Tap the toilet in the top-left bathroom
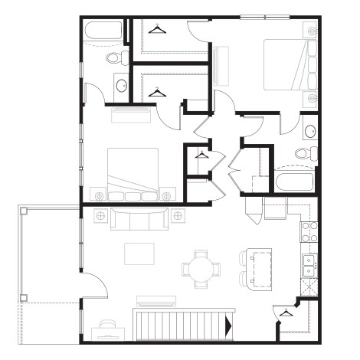click(116, 57)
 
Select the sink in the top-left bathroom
click(121, 85)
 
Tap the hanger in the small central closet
click(201, 155)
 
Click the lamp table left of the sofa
click(100, 216)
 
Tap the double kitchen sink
click(310, 264)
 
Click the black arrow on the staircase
click(228, 325)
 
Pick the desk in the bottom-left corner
click(106, 332)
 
